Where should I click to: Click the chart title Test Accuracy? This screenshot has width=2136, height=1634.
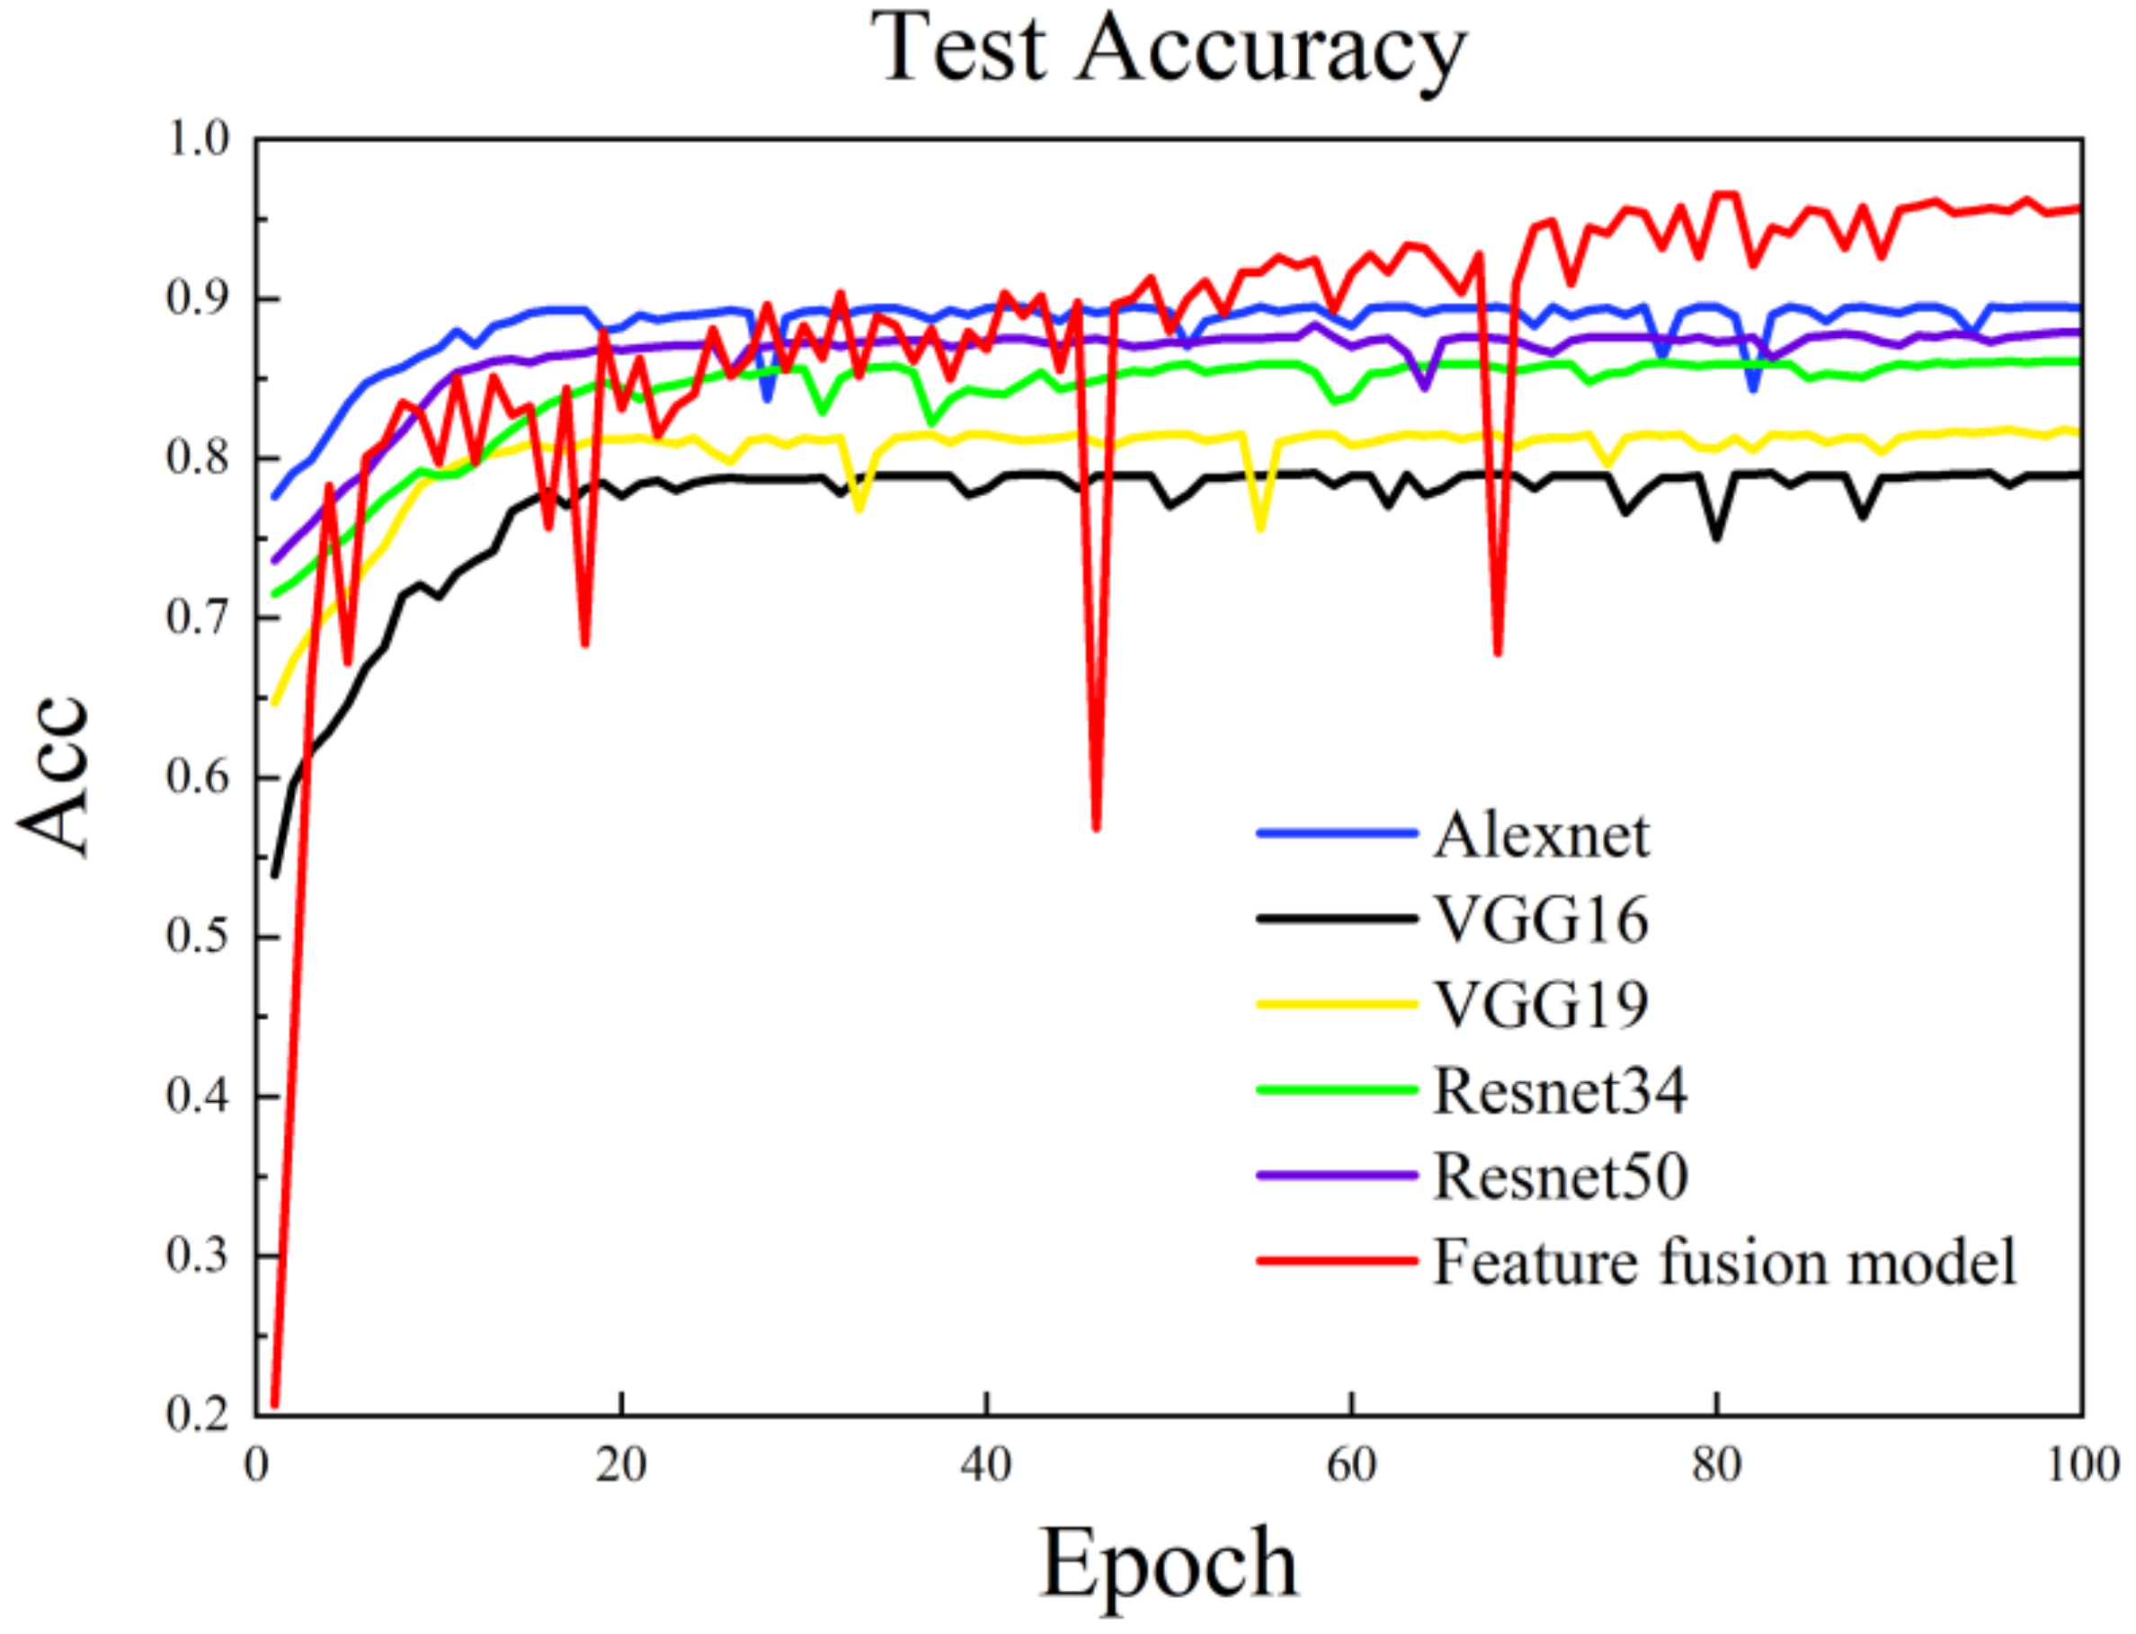pyautogui.click(x=1167, y=49)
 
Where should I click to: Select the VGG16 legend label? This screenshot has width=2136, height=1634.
pyautogui.click(x=1542, y=920)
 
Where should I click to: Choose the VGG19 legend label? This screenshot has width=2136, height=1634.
pyautogui.click(x=1542, y=1005)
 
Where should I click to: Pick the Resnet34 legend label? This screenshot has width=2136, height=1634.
pyautogui.click(x=1560, y=1090)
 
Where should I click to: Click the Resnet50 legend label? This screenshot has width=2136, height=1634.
pyautogui.click(x=1560, y=1176)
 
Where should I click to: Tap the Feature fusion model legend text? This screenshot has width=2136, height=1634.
pyautogui.click(x=1724, y=1262)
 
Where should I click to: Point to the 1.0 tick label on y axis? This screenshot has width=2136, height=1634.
pyautogui.click(x=199, y=140)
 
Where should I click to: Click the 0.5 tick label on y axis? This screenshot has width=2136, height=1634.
pyautogui.click(x=199, y=936)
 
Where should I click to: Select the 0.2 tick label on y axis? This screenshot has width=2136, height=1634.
pyautogui.click(x=199, y=1413)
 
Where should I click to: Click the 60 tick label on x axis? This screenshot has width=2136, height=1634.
pyautogui.click(x=1351, y=1466)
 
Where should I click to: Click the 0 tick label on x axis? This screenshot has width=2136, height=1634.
pyautogui.click(x=256, y=1466)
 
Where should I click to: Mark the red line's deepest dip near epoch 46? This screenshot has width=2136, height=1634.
pyautogui.click(x=1096, y=829)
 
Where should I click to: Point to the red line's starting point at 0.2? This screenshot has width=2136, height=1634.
pyautogui.click(x=275, y=1404)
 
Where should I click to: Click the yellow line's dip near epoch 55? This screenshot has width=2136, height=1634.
pyautogui.click(x=1260, y=529)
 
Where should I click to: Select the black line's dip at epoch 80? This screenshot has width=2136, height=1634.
pyautogui.click(x=1717, y=537)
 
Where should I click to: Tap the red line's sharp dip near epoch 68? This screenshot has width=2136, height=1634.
pyautogui.click(x=1498, y=653)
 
